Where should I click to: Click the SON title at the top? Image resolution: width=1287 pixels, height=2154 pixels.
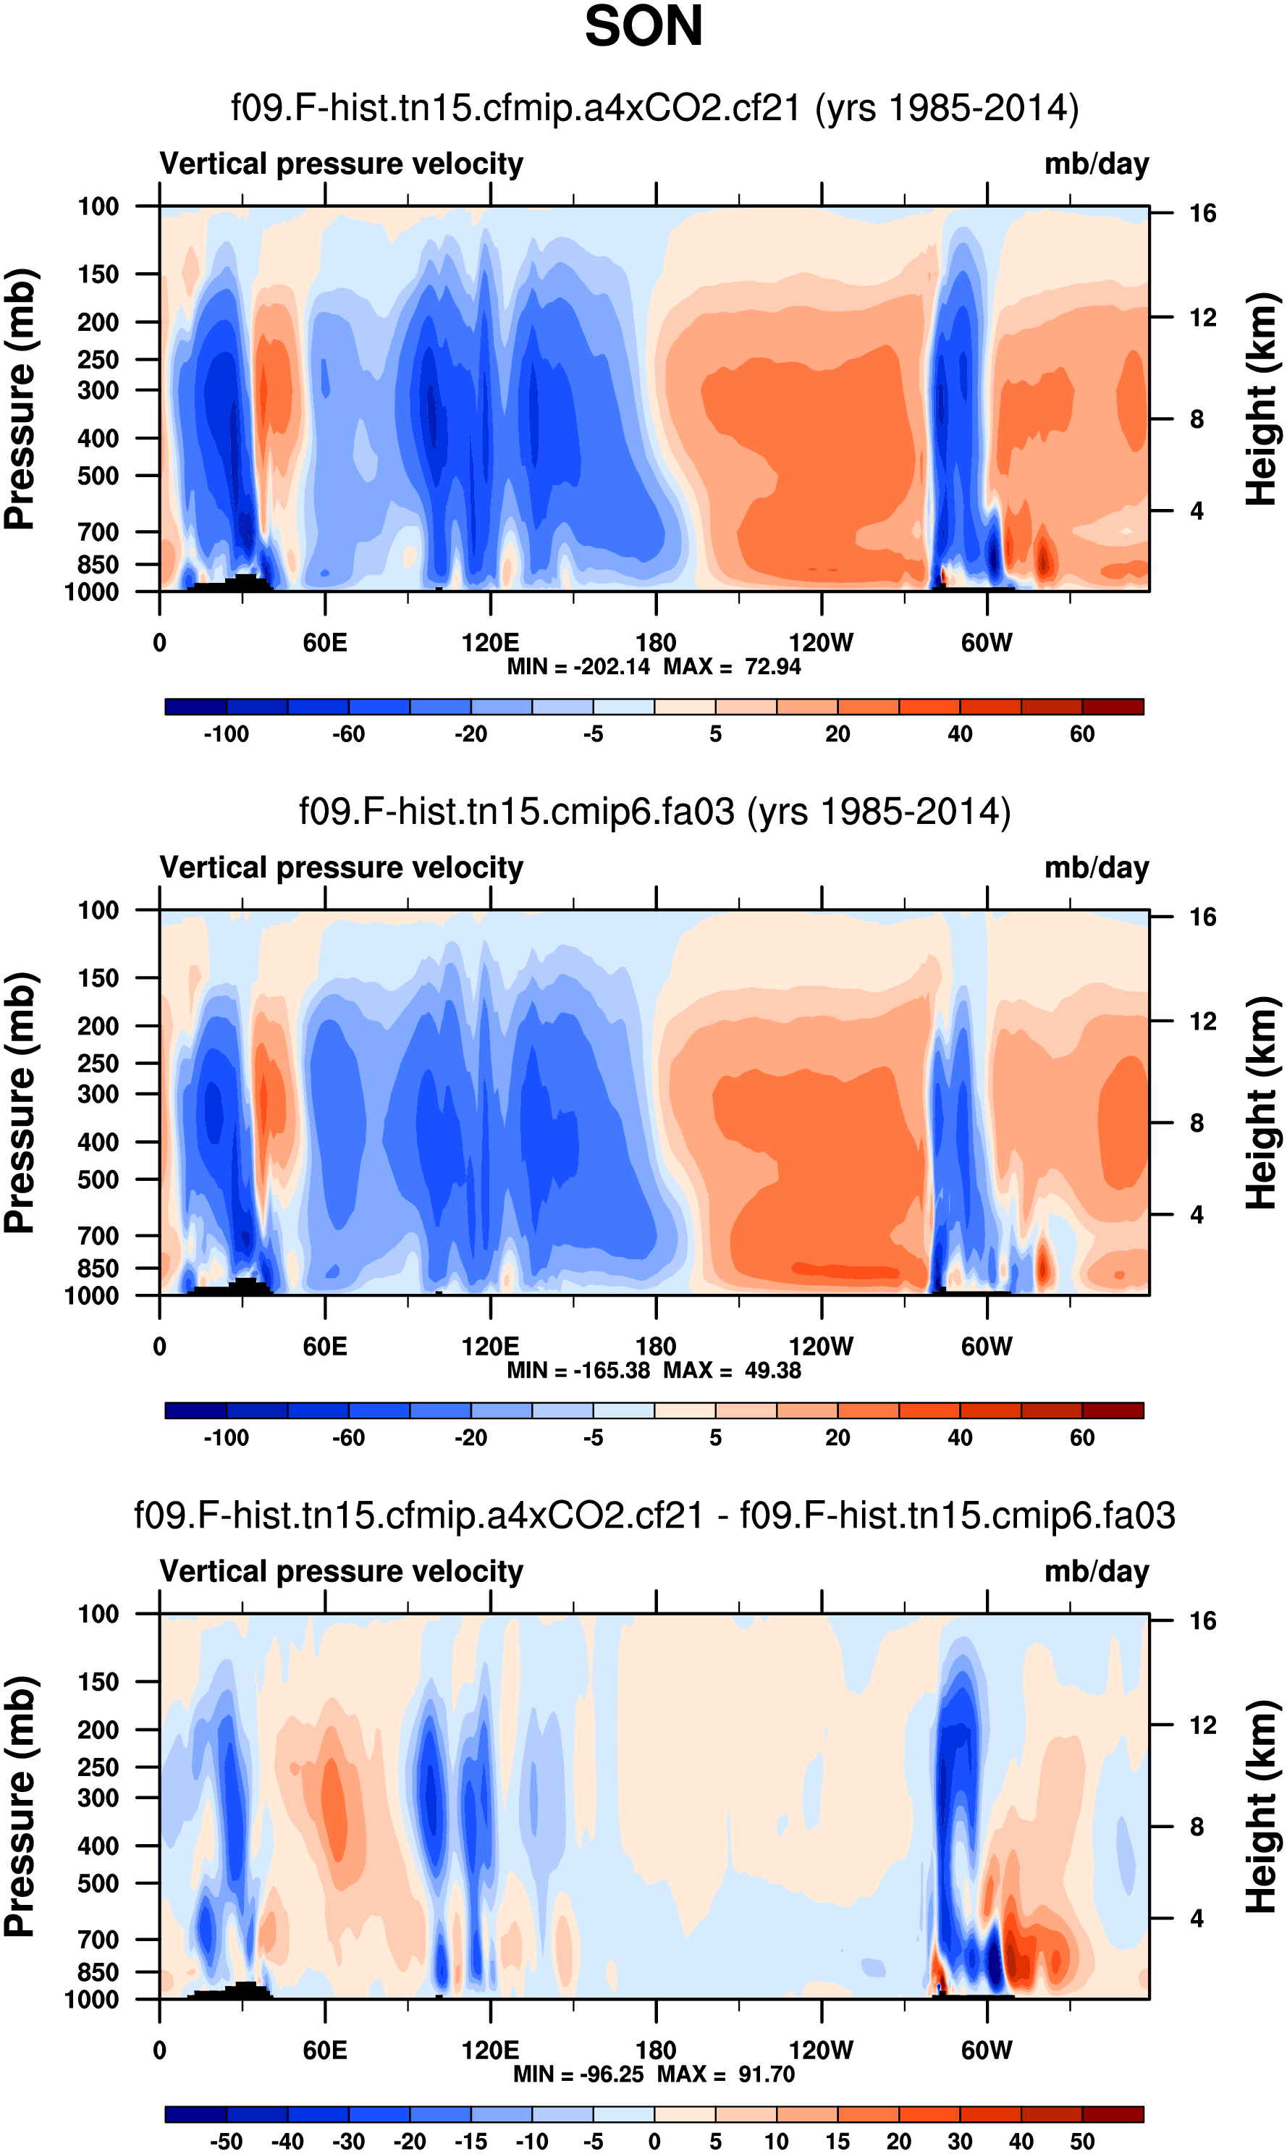click(643, 27)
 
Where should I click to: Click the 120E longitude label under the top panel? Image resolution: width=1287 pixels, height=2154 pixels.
click(490, 643)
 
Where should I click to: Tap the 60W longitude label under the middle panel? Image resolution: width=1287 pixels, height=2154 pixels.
click(986, 1347)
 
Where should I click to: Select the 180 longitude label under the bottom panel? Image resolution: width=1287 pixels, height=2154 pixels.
click(656, 2050)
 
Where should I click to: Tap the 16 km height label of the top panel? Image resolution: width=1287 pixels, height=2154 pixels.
click(1202, 214)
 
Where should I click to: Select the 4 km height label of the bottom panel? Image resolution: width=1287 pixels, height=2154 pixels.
click(1197, 1918)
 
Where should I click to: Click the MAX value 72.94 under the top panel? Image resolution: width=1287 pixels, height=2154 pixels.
click(772, 667)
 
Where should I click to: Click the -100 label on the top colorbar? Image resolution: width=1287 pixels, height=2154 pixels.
click(227, 735)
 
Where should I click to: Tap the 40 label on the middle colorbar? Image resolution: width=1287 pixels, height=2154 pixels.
click(959, 1439)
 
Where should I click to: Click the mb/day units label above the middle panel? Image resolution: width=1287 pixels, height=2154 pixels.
click(1096, 867)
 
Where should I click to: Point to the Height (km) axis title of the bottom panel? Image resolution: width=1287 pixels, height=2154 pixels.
click(1262, 1807)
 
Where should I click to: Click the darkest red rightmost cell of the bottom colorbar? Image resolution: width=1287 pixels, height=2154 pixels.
click(1113, 2114)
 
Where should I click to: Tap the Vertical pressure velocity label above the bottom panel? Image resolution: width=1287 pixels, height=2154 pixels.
click(342, 1571)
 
